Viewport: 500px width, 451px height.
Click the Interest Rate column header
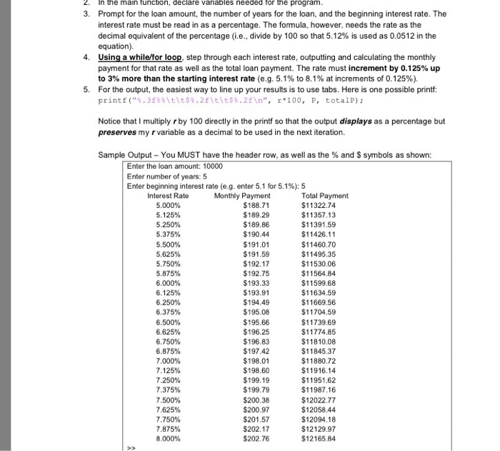click(168, 196)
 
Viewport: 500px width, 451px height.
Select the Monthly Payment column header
click(242, 196)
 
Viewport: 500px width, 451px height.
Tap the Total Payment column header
click(325, 196)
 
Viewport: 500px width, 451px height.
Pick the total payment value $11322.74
click(320, 205)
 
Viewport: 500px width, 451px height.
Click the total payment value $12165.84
click(320, 438)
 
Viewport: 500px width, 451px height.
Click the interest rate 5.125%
click(168, 214)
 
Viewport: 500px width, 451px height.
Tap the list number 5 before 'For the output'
click(86, 89)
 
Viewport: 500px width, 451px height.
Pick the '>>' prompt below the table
click(131, 448)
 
